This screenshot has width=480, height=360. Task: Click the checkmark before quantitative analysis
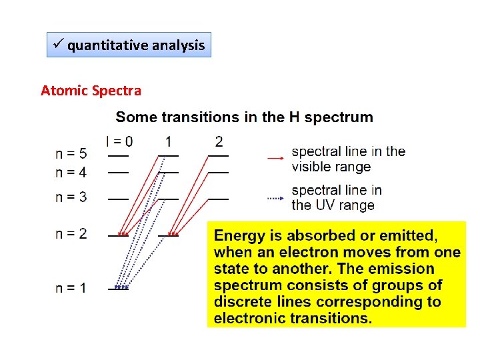pyautogui.click(x=58, y=45)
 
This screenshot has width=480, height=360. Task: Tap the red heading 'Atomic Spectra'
pyautogui.click(x=91, y=90)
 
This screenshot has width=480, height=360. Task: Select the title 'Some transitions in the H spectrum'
pyautogui.click(x=244, y=117)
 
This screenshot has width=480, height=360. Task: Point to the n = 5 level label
pyautogui.click(x=71, y=154)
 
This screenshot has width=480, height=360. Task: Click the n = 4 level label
pyautogui.click(x=71, y=172)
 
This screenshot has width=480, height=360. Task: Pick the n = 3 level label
pyautogui.click(x=71, y=198)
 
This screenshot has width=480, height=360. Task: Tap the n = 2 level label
pyautogui.click(x=71, y=233)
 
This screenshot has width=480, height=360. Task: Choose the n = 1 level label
pyautogui.click(x=71, y=288)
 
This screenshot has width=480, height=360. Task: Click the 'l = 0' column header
pyautogui.click(x=119, y=141)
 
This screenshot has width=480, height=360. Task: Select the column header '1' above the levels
pyautogui.click(x=169, y=141)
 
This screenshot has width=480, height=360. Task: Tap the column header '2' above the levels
pyautogui.click(x=219, y=141)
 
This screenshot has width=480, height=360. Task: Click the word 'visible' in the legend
pyautogui.click(x=311, y=167)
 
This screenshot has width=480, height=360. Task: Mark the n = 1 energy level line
pyautogui.click(x=119, y=289)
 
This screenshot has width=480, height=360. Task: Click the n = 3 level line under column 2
pyautogui.click(x=219, y=199)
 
